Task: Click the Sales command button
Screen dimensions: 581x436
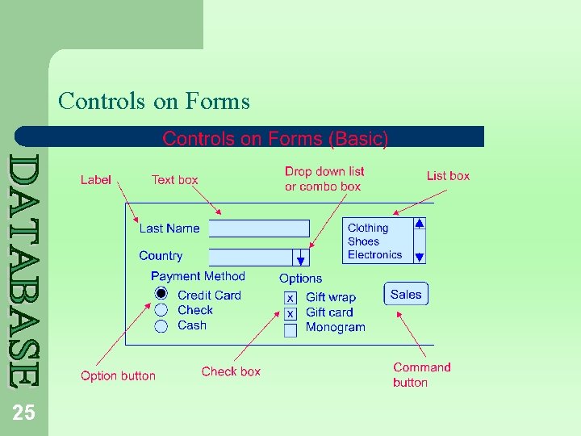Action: pos(406,294)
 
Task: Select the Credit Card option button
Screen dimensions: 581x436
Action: pos(161,295)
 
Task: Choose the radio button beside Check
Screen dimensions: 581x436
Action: pos(161,310)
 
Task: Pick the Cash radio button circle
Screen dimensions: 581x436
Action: pos(161,325)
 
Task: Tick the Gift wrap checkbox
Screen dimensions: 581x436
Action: pos(290,298)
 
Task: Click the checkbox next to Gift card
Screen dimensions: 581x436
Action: pos(290,313)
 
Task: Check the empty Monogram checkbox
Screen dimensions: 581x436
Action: pos(290,329)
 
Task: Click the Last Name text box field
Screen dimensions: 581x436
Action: pos(258,228)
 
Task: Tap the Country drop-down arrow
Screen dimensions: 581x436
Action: pos(300,258)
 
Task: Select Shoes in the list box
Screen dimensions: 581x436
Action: pos(363,241)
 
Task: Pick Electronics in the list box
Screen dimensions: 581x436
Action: pos(374,254)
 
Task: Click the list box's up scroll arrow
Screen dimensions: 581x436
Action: pos(419,224)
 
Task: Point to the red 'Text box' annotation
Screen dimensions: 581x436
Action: pos(174,180)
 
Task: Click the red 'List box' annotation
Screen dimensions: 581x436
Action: pos(448,176)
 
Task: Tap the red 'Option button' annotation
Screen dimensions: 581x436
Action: pos(118,375)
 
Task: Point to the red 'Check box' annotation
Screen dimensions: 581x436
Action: pos(231,371)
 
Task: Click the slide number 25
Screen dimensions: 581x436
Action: pos(23,413)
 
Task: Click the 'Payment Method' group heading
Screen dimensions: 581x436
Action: pos(198,276)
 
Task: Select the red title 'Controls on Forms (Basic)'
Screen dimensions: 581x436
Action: pos(275,139)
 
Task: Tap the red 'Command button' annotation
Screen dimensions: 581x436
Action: pos(421,375)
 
